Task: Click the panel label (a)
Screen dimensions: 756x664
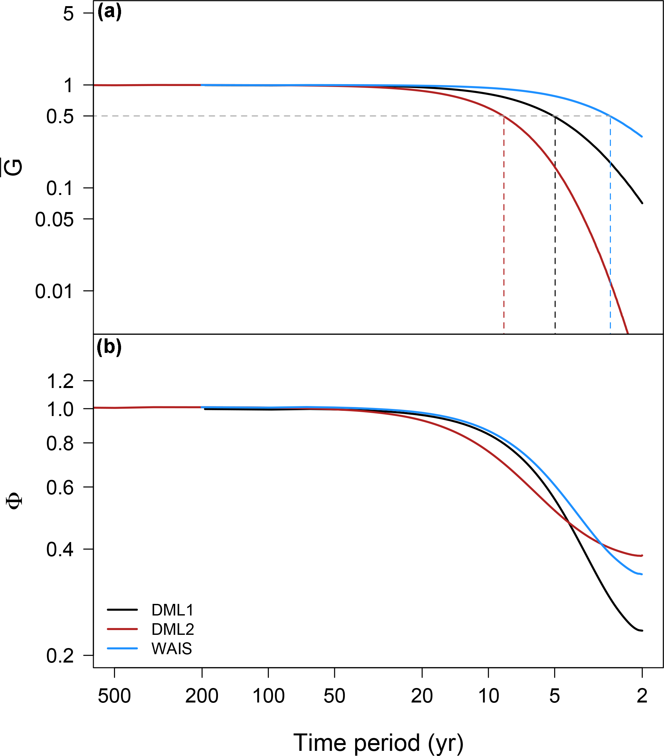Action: pyautogui.click(x=109, y=12)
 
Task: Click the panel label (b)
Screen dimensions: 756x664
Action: pyautogui.click(x=109, y=347)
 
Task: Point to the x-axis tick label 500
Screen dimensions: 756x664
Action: pyautogui.click(x=114, y=696)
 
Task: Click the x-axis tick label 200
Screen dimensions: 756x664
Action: pyautogui.click(x=202, y=696)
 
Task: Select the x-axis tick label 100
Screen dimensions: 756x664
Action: pyautogui.click(x=268, y=696)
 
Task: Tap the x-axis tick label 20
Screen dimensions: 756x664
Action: pyautogui.click(x=422, y=696)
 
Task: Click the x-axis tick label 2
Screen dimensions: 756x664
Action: pyautogui.click(x=642, y=696)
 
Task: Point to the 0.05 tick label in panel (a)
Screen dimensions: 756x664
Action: pyautogui.click(x=54, y=220)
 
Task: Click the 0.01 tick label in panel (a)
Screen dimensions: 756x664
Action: pyautogui.click(x=54, y=291)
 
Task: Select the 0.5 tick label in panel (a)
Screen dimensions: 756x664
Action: pyautogui.click(x=60, y=117)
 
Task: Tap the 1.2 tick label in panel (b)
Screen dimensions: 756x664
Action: pyautogui.click(x=60, y=381)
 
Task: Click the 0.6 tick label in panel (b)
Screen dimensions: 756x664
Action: pyautogui.click(x=60, y=488)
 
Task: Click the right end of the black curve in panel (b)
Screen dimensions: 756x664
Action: pyautogui.click(x=642, y=631)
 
